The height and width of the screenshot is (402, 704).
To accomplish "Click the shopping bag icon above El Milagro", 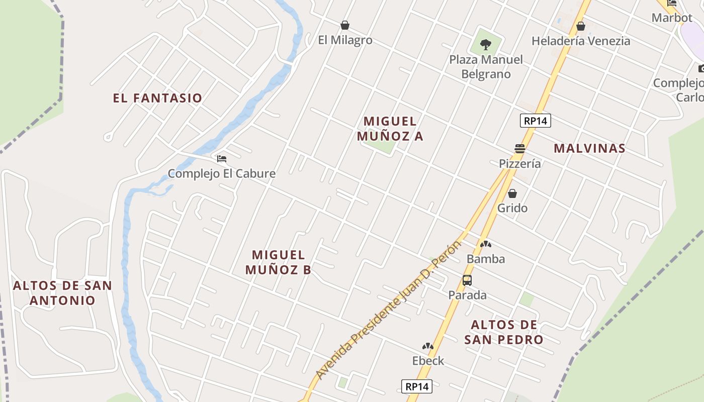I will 345,25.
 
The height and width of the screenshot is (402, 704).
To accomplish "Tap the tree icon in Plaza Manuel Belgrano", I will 485,45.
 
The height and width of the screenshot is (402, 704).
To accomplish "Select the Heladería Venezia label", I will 581,41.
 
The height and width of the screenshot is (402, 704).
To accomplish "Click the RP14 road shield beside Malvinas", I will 535,121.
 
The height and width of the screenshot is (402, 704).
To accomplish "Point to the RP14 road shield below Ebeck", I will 417,386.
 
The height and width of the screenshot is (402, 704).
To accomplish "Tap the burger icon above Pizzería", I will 520,149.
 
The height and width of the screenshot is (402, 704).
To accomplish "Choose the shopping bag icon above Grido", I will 512,193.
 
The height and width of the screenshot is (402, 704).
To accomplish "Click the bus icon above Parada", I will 467,280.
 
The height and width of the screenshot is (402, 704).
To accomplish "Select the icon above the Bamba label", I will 485,245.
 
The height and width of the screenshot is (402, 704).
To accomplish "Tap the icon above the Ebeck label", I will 428,346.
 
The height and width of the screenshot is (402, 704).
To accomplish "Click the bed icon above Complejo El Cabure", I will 222,159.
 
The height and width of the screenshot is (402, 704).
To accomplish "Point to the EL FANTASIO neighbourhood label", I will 157,98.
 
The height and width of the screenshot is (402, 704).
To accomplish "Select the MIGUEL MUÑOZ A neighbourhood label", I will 390,129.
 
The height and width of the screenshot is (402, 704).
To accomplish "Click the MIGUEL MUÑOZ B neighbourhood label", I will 279,262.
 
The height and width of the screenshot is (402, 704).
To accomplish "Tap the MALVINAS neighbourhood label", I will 589,148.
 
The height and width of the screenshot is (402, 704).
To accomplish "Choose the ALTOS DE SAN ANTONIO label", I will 62,293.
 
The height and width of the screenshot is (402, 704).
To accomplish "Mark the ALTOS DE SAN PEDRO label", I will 504,332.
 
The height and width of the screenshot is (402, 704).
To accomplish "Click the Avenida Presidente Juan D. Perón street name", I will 388,311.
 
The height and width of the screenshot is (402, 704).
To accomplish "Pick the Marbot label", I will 672,18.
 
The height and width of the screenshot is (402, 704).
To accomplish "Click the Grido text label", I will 512,208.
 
